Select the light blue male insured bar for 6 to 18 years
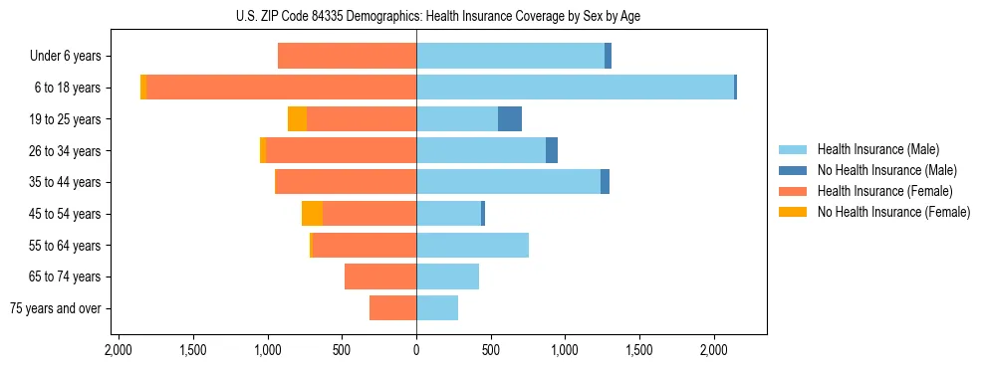[575, 88]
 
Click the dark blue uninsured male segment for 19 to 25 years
[510, 119]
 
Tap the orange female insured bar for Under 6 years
[347, 57]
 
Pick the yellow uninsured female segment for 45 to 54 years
[312, 214]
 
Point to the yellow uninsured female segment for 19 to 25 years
[297, 119]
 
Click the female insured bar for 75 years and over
[392, 308]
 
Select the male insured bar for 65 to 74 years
[447, 276]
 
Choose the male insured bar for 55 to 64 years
[472, 246]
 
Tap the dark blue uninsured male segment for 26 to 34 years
[552, 151]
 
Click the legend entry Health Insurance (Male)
[877, 149]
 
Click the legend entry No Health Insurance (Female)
[893, 212]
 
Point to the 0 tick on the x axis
[416, 350]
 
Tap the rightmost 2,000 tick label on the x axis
[714, 350]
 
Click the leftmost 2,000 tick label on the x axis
[119, 350]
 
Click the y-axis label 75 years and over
[56, 308]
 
